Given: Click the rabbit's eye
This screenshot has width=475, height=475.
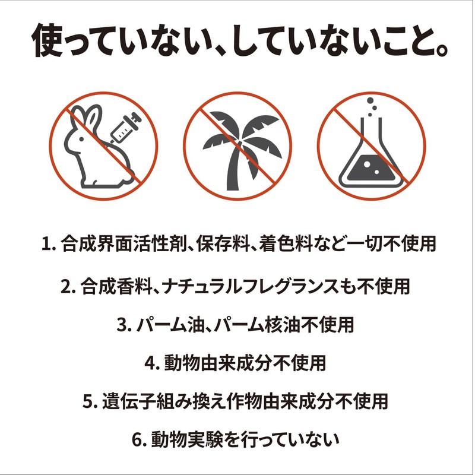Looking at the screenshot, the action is click(81, 140).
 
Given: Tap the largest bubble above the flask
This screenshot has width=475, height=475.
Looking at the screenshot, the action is click(370, 100).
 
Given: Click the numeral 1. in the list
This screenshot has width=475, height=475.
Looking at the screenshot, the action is click(49, 243).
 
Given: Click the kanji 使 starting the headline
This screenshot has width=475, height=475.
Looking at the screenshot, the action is click(48, 40).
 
